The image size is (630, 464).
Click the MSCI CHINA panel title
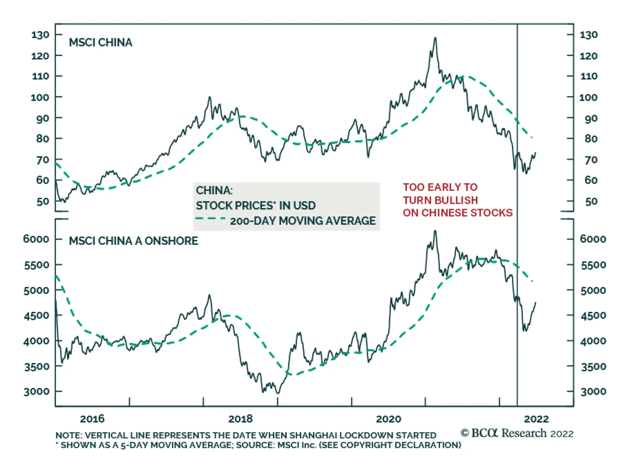(100, 43)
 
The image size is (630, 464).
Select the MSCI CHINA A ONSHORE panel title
(133, 241)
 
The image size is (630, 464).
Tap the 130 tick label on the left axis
(41, 35)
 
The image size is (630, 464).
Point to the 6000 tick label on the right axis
(593, 239)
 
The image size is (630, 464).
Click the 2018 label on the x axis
(240, 419)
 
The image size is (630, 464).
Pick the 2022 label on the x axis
(536, 419)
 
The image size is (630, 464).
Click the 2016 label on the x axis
(92, 419)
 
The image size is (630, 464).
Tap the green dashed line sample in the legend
(211, 218)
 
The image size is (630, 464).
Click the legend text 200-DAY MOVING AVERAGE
(303, 221)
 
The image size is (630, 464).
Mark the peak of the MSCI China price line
(435, 38)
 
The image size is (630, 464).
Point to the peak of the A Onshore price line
(435, 231)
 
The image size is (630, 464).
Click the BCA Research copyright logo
(517, 433)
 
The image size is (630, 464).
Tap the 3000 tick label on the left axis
(37, 392)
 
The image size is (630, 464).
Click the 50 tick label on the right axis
(591, 202)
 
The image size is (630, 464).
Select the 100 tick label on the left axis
(40, 97)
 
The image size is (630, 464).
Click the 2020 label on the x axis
(388, 419)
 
